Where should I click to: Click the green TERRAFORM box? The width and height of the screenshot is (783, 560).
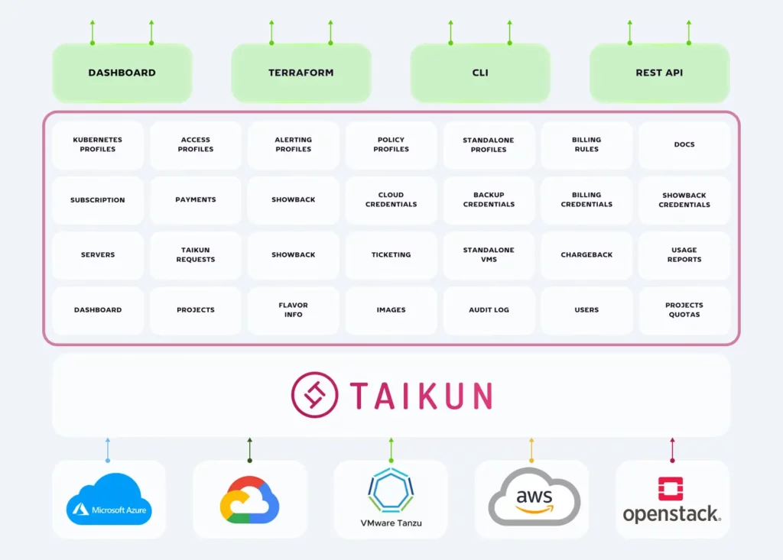[x=301, y=73]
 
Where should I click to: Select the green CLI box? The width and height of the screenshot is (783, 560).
[x=480, y=73]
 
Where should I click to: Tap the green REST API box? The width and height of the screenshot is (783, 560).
[x=659, y=73]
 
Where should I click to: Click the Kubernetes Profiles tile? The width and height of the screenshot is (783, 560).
[x=98, y=145]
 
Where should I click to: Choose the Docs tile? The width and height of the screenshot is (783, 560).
[x=684, y=145]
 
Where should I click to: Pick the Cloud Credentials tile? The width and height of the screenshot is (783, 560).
[x=391, y=200]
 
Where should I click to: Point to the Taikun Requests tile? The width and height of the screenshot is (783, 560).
[x=196, y=255]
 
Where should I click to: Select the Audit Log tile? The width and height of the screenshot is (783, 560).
[x=489, y=310]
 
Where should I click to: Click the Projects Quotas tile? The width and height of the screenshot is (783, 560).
[x=684, y=310]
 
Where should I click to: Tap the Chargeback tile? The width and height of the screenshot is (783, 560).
[x=586, y=255]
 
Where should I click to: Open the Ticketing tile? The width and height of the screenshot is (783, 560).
[x=391, y=255]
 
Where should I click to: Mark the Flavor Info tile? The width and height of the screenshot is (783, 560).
[x=293, y=310]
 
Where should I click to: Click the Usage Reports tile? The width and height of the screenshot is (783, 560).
[x=684, y=255]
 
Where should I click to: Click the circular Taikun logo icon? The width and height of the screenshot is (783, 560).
[x=314, y=395]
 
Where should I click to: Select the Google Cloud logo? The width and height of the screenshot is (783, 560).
[x=249, y=500]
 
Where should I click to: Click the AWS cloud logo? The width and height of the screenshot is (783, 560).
[x=534, y=497]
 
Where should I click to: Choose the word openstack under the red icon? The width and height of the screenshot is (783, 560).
[x=671, y=514]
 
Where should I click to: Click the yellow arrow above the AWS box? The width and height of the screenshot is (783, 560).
[x=531, y=450]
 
